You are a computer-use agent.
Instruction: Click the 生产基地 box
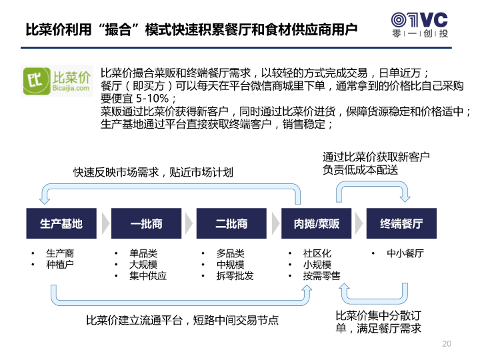coord(61,223)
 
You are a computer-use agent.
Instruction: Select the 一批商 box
coord(146,223)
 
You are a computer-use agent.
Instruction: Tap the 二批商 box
coord(231,223)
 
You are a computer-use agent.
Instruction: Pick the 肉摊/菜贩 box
coord(316,223)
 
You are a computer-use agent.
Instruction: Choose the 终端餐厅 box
coord(401,223)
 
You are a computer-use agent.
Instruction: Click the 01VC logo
coord(420,25)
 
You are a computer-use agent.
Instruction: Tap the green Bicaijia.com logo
coord(57,81)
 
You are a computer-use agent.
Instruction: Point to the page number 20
coord(447,344)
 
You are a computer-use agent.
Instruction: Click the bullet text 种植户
coord(60,265)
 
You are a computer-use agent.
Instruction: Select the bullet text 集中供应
coord(148,276)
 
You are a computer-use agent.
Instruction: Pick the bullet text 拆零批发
coord(235,276)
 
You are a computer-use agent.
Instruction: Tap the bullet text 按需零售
coord(322,276)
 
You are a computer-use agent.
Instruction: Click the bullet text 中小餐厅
coord(405,253)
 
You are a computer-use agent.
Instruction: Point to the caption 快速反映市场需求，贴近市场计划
coord(153,173)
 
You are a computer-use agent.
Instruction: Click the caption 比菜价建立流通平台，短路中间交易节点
coord(183,321)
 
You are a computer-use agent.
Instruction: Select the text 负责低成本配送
coord(360,169)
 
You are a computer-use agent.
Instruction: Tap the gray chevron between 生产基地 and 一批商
coord(105,223)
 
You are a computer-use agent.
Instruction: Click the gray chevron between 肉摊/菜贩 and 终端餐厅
coord(359,223)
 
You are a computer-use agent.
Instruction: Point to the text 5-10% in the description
coord(152,99)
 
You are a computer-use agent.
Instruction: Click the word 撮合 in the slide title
coord(119,30)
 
